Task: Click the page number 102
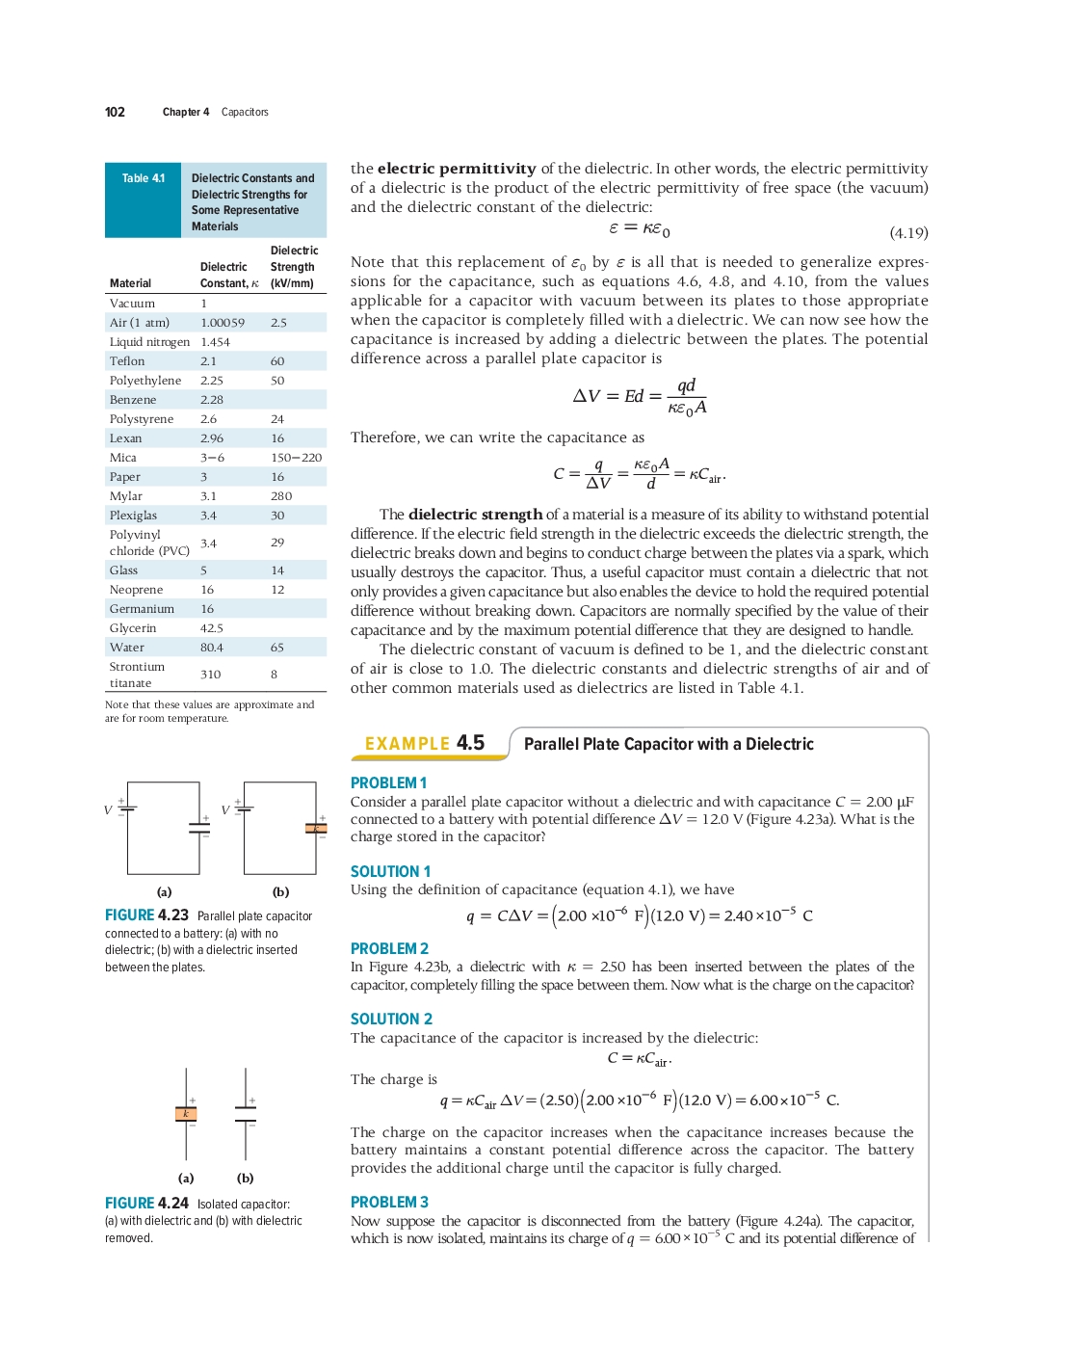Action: [x=115, y=112]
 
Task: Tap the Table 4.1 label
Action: [x=143, y=178]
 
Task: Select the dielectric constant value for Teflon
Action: [x=208, y=361]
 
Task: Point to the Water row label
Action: [x=127, y=648]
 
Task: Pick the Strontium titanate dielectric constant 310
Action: [x=210, y=675]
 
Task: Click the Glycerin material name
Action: [x=133, y=628]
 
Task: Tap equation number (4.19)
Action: [x=908, y=233]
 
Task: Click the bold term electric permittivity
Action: [x=456, y=169]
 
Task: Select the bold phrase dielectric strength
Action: [x=475, y=515]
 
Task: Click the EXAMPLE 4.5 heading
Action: [x=425, y=743]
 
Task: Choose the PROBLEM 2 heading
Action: [x=389, y=949]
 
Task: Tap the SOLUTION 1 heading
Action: [x=390, y=871]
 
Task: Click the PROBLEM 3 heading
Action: [x=389, y=1203]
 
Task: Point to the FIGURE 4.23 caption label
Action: [x=146, y=915]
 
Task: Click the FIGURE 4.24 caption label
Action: [x=146, y=1204]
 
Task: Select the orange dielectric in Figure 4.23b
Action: [x=316, y=828]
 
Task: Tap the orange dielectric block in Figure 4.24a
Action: [x=186, y=1114]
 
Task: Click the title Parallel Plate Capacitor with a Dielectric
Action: [x=669, y=744]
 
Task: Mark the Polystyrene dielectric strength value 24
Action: [x=277, y=419]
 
